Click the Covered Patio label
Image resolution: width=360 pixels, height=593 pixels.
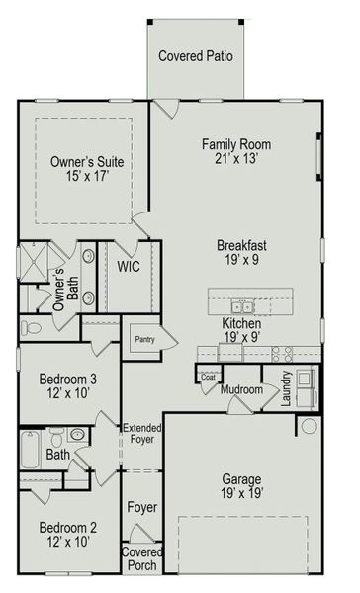coord(196,56)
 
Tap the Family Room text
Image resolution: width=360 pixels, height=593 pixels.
coord(235,144)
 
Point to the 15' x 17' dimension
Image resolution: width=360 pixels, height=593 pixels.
coord(87,178)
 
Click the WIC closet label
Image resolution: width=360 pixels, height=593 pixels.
coord(128,267)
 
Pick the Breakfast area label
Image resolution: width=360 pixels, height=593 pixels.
coord(242,245)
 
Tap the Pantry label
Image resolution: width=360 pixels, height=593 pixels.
coord(145,340)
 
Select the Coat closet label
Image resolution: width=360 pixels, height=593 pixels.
coord(208,376)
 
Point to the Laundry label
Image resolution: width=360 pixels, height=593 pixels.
coord(287,389)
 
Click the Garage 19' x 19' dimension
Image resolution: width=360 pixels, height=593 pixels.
coord(242,494)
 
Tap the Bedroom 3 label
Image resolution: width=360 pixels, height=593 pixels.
coord(68,380)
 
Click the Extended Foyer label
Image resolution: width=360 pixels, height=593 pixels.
coord(142,433)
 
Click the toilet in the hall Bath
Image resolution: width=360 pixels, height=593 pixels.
coord(56,437)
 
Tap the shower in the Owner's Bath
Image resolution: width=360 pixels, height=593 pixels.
coord(34,264)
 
